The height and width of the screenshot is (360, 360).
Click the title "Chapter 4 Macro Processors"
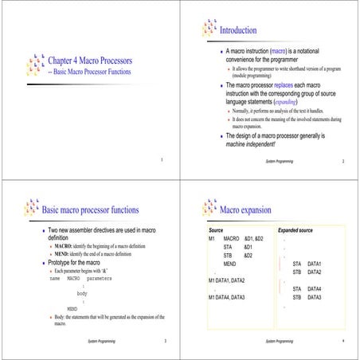tap(90, 61)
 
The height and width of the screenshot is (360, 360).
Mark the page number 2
tap(343, 161)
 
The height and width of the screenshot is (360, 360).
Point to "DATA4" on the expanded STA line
tap(314, 288)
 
